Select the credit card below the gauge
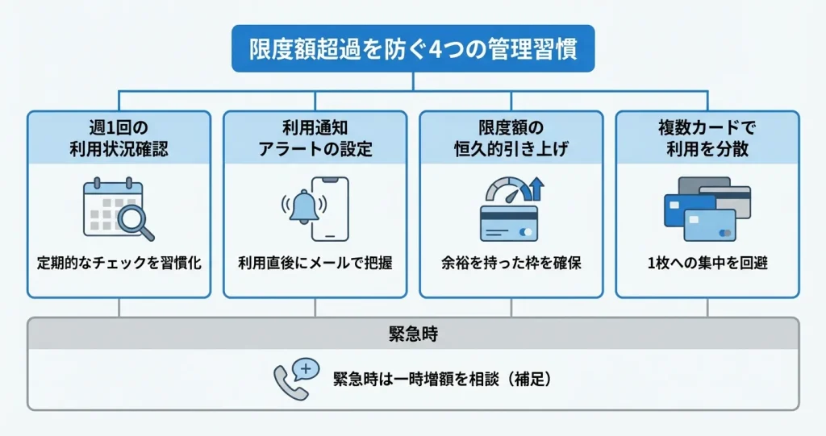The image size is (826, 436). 508,223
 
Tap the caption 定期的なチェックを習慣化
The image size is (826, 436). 119,264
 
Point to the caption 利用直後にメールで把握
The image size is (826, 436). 315,264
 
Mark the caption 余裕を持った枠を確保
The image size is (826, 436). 511,264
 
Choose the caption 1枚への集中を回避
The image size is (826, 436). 707,264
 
